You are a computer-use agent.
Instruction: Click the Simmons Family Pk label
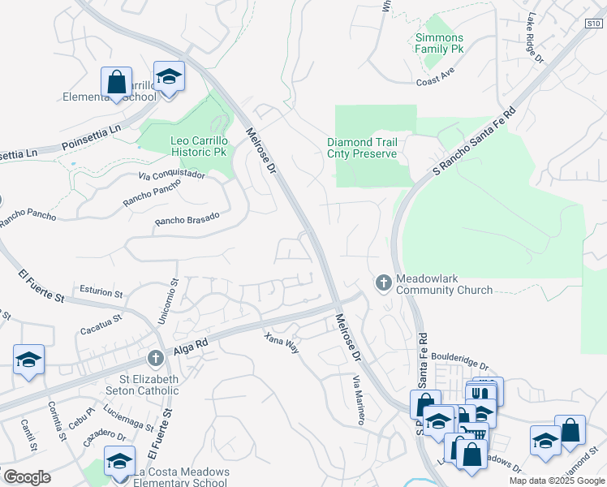439,43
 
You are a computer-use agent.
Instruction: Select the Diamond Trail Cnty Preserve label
362,148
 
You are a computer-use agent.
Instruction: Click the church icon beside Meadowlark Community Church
384,282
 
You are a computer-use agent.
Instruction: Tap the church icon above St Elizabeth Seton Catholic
156,357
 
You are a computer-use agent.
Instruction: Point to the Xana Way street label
282,340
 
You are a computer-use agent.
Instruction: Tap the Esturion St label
101,290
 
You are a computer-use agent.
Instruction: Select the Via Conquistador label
172,174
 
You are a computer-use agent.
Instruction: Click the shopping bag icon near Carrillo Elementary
116,81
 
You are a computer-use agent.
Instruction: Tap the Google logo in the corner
27,476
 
